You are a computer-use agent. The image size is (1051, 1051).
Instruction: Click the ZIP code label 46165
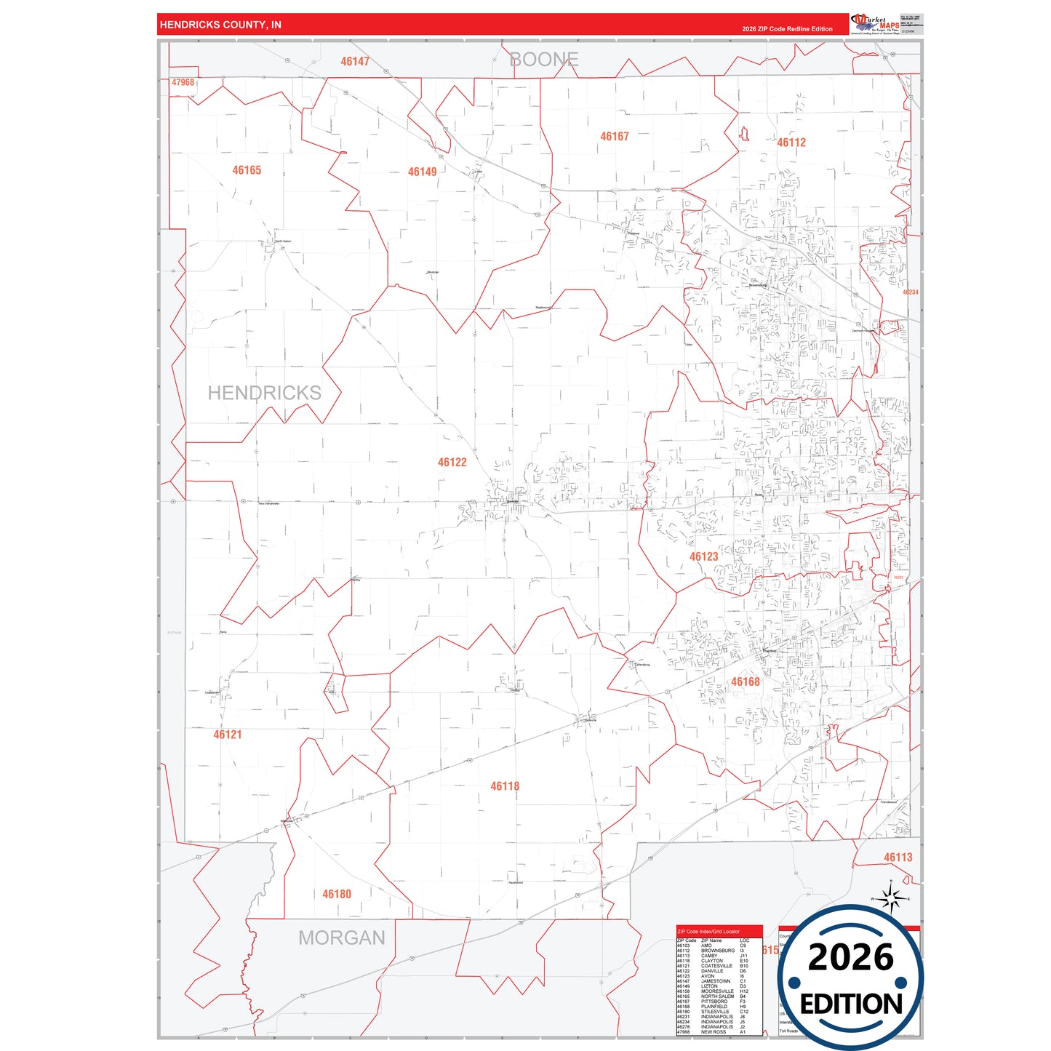tap(247, 170)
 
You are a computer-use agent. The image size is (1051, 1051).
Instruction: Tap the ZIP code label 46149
tap(422, 172)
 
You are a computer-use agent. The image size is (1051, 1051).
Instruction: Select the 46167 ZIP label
tap(614, 136)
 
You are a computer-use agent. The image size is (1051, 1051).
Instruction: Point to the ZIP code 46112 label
tap(791, 143)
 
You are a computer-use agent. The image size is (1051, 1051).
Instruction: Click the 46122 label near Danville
tap(452, 462)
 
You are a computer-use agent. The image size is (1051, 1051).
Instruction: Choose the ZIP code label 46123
tap(703, 556)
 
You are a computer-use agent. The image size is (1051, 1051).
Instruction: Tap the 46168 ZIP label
tap(745, 682)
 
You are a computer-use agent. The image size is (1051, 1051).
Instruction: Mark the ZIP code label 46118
tap(505, 786)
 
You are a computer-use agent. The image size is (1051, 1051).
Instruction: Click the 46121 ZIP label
tap(227, 735)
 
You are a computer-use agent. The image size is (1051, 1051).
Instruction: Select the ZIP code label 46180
tap(337, 894)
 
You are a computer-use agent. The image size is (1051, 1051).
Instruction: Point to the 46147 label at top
tap(355, 62)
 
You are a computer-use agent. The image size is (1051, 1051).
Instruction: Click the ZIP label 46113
tap(898, 858)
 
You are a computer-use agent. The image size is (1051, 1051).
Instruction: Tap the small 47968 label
tap(183, 83)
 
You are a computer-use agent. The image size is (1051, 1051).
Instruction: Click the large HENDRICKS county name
tap(264, 393)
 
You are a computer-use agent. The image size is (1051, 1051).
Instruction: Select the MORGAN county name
tap(341, 938)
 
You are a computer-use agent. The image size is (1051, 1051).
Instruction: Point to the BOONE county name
tap(543, 60)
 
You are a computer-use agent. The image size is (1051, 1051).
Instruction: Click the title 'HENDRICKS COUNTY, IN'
tap(220, 25)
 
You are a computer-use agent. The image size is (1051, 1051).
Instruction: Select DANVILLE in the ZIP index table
tap(712, 971)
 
